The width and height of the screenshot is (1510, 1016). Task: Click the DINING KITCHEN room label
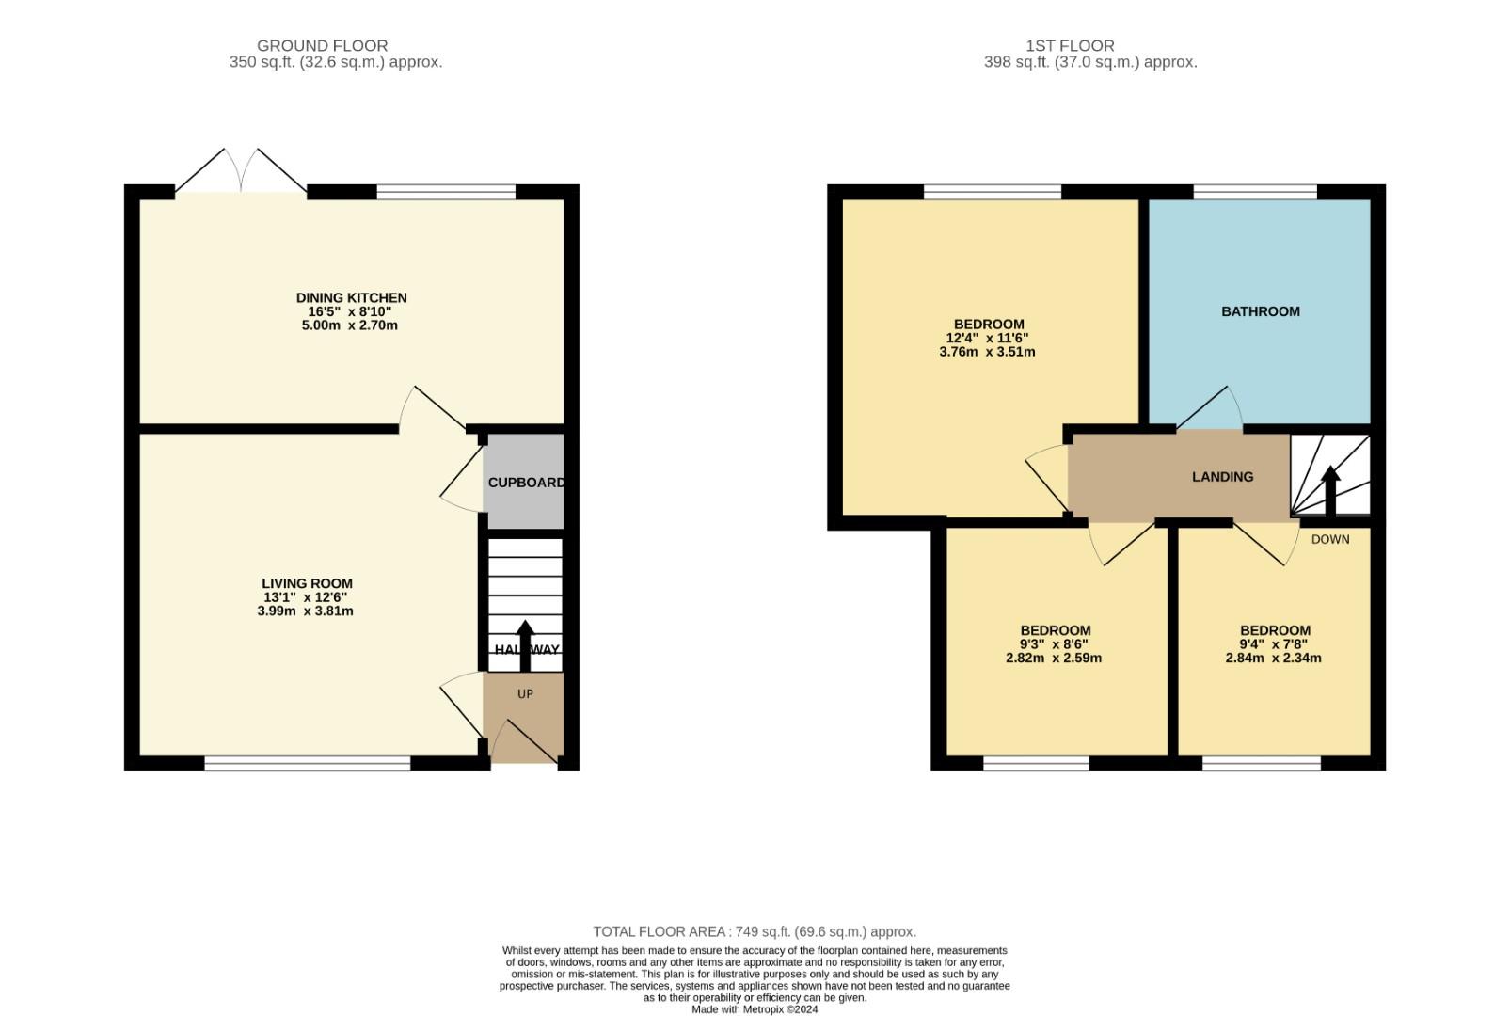click(x=351, y=298)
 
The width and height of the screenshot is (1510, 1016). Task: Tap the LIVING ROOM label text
click(x=307, y=583)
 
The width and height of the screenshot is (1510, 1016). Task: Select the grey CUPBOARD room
click(x=524, y=483)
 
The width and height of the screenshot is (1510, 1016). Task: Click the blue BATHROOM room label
click(x=1260, y=311)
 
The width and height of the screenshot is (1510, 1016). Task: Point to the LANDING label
click(x=1222, y=477)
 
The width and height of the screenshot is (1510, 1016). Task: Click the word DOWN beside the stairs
click(x=1329, y=540)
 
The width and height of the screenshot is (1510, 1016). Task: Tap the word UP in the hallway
click(x=525, y=694)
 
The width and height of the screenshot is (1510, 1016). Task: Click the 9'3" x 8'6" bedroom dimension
click(x=1054, y=644)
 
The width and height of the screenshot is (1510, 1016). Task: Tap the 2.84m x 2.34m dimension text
click(x=1273, y=659)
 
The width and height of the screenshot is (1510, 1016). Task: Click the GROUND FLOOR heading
click(x=322, y=45)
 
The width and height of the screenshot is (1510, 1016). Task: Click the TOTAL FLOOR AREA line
click(x=754, y=931)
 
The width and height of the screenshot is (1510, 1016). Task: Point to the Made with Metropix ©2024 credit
click(x=754, y=1009)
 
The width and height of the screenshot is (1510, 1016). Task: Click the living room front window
click(x=308, y=763)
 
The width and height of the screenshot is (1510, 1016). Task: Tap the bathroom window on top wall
click(x=1255, y=192)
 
